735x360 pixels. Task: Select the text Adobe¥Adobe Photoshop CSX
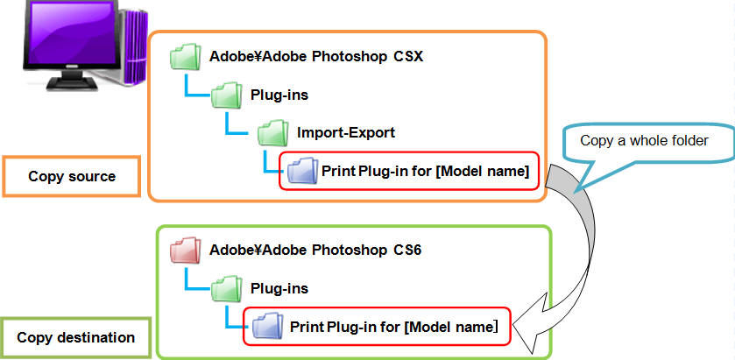coord(316,58)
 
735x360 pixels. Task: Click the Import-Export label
coord(346,133)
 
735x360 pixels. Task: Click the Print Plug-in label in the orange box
coord(425,170)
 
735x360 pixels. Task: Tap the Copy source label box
coord(71,176)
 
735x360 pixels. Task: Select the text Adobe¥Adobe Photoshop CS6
coord(315,250)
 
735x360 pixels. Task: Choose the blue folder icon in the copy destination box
coord(266,327)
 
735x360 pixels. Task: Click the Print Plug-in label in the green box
coord(393,328)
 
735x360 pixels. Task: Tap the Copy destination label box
coord(76,337)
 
